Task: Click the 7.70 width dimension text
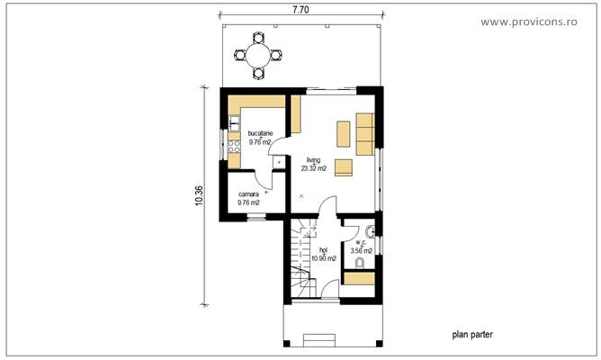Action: click(301, 11)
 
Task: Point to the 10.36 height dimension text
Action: click(199, 196)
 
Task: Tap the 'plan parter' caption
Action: click(472, 334)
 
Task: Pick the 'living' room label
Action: click(312, 159)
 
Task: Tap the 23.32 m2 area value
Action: click(313, 168)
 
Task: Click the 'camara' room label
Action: click(248, 194)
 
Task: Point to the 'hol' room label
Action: click(323, 249)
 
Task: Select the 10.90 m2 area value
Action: click(323, 258)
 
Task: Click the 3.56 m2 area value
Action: click(361, 251)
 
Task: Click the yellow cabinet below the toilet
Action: click(360, 278)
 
